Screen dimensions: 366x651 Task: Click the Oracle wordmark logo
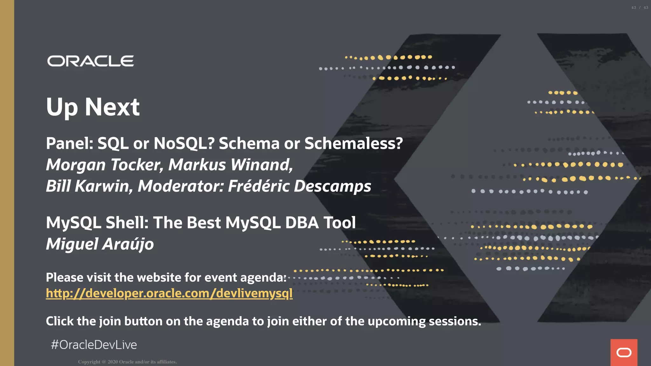(x=91, y=61)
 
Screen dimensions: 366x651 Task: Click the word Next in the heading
(x=112, y=107)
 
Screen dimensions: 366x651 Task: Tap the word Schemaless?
(x=353, y=143)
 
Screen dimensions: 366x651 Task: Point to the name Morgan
(x=76, y=165)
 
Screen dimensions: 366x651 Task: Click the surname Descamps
(x=332, y=186)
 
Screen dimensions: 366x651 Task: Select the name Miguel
(x=72, y=244)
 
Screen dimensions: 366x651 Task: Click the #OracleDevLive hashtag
(x=94, y=345)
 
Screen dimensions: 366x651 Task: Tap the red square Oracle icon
(x=624, y=352)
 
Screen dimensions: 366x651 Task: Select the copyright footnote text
(x=127, y=362)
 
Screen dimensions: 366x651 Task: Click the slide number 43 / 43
(x=640, y=8)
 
